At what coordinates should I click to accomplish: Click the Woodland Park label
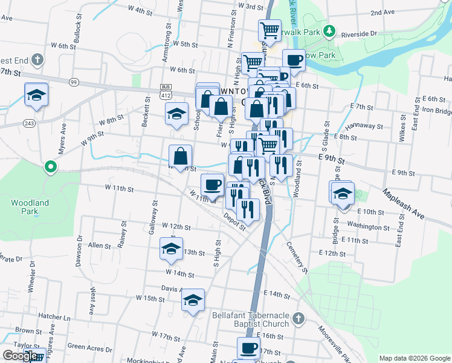point(30,207)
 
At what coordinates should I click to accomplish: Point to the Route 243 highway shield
point(29,123)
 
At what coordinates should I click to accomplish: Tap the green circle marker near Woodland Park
point(51,166)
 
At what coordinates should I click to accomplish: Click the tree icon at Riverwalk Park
point(329,30)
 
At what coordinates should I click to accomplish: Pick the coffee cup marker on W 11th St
point(211,184)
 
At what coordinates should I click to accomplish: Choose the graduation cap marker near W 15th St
point(193,299)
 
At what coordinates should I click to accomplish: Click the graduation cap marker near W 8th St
point(176,113)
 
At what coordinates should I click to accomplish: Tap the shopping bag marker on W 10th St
point(181,156)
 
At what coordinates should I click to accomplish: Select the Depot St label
point(234,220)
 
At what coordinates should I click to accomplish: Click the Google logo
point(20,356)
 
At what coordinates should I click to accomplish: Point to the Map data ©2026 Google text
point(415,358)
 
